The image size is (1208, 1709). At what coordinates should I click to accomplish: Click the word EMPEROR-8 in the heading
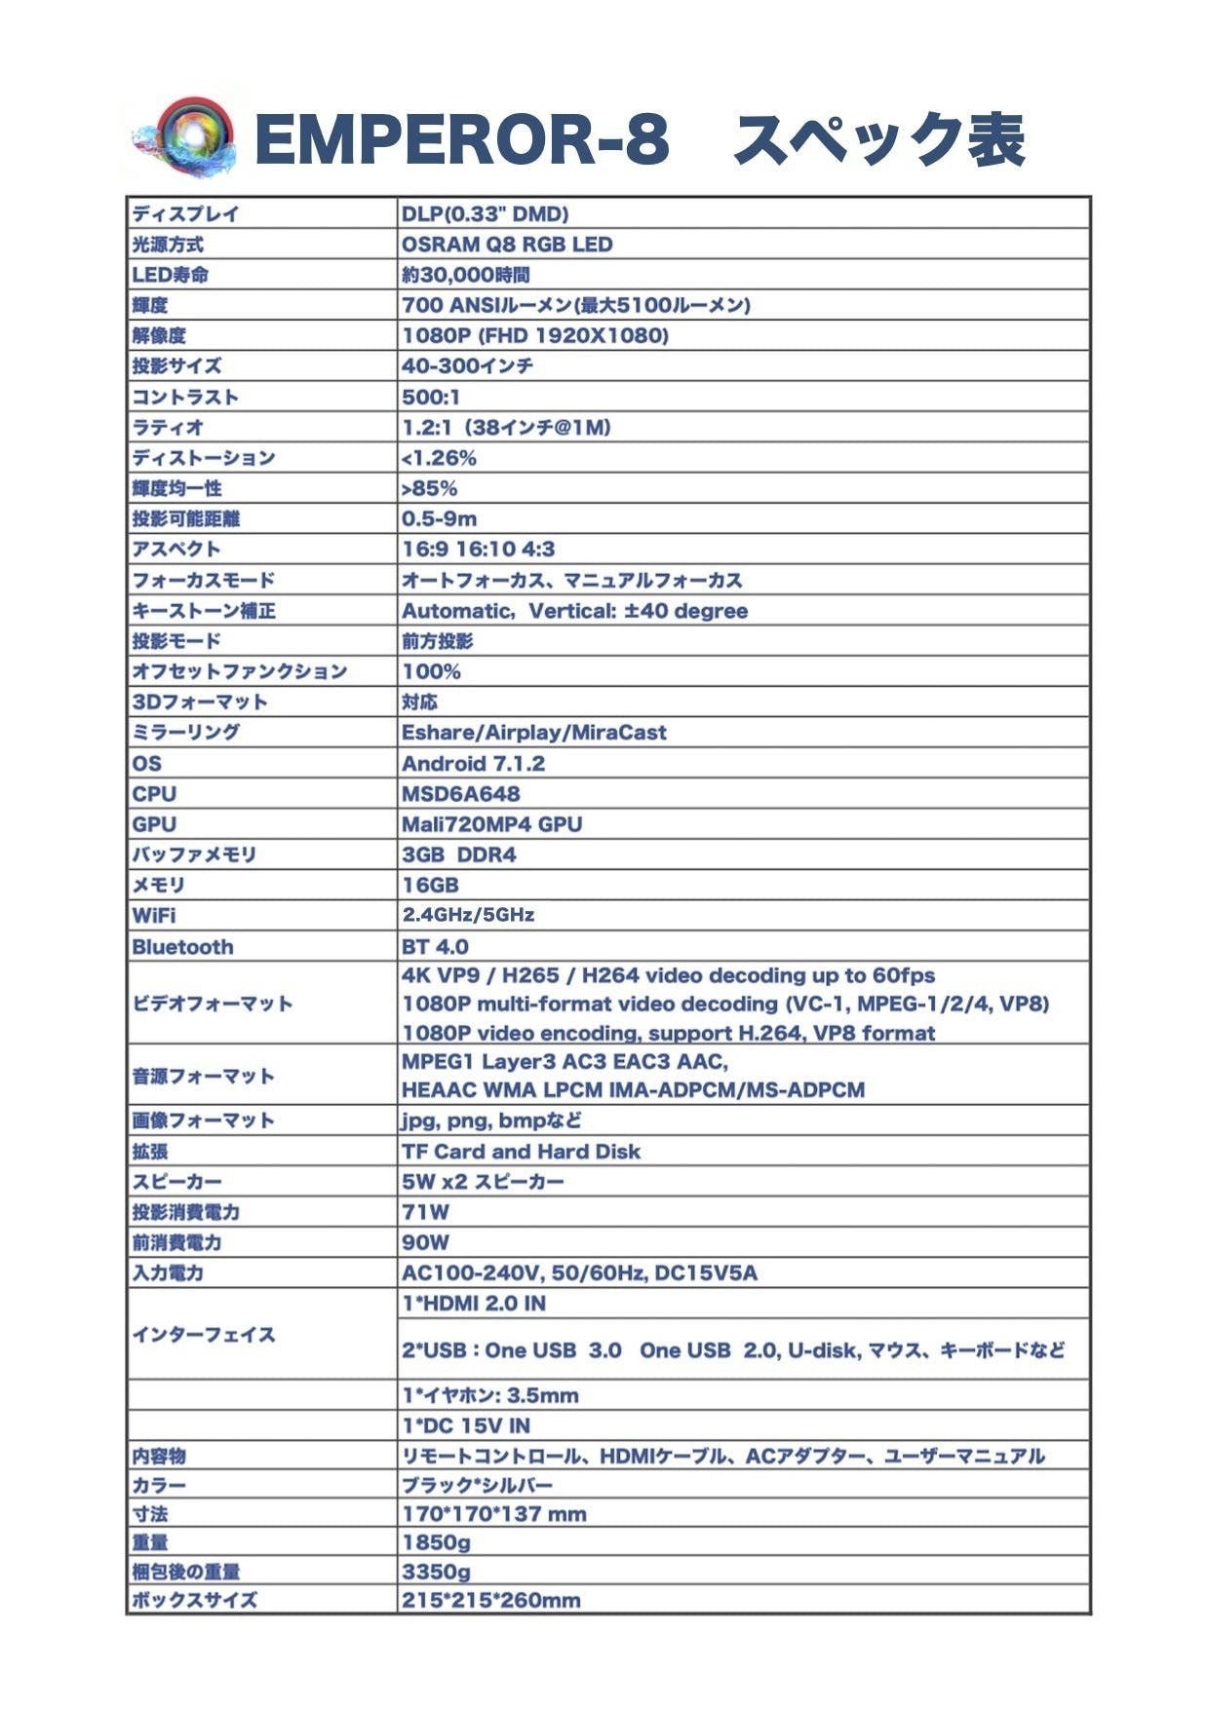(x=461, y=139)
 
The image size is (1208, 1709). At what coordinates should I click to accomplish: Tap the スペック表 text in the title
(x=878, y=139)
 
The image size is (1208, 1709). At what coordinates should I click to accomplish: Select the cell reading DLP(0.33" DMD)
(x=485, y=214)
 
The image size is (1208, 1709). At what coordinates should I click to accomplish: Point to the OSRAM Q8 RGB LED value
(x=507, y=245)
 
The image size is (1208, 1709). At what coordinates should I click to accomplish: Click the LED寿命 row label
(x=170, y=275)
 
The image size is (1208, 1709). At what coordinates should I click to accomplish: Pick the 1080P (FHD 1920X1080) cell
(x=535, y=336)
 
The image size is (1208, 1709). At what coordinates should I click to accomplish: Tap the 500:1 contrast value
(x=431, y=397)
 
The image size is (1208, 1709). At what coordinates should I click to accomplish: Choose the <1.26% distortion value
(x=439, y=458)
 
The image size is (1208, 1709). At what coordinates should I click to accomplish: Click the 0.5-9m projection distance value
(x=440, y=518)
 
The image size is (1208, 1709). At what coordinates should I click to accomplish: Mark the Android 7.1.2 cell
(x=473, y=764)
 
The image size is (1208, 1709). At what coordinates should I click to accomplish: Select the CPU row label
(x=154, y=794)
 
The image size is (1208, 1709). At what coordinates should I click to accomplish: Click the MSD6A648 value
(x=461, y=794)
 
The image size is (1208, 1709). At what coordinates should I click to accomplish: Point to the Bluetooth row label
(x=182, y=947)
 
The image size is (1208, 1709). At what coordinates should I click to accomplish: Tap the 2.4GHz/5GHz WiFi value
(x=468, y=915)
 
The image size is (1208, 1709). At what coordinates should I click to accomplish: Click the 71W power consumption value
(x=426, y=1212)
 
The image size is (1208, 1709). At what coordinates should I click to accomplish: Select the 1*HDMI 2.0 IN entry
(x=474, y=1304)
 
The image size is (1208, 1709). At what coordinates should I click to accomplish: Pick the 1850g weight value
(x=436, y=1542)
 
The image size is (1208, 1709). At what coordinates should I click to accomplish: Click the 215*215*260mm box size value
(x=490, y=1600)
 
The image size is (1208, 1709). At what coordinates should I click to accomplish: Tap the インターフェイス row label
(x=203, y=1335)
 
